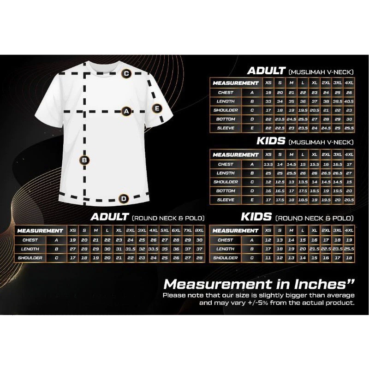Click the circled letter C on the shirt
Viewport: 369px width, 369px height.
pyautogui.click(x=126, y=73)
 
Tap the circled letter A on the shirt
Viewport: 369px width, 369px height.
pyautogui.click(x=126, y=111)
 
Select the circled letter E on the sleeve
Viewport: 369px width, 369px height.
pyautogui.click(x=157, y=108)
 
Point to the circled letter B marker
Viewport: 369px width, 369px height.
pyautogui.click(x=84, y=160)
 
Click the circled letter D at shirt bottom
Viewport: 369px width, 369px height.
pyautogui.click(x=124, y=199)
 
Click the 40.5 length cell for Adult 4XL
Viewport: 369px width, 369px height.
pyautogui.click(x=349, y=101)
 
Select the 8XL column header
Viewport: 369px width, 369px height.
pyautogui.click(x=199, y=230)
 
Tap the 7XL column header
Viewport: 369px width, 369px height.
pyautogui.click(x=188, y=230)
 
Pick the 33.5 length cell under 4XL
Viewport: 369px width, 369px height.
pyautogui.click(x=153, y=249)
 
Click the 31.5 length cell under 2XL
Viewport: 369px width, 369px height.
pyautogui.click(x=130, y=249)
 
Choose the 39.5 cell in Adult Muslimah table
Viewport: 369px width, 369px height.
pyautogui.click(x=338, y=101)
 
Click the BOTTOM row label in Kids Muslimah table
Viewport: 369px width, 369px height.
pyautogui.click(x=226, y=191)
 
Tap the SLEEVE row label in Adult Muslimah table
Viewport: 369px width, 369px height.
pyautogui.click(x=226, y=128)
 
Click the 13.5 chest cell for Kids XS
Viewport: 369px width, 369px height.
pyautogui.click(x=268, y=164)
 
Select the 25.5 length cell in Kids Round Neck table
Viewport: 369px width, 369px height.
pyautogui.click(x=349, y=249)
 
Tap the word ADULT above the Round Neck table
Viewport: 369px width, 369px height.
pyautogui.click(x=110, y=217)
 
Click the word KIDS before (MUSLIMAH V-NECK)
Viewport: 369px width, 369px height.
pyautogui.click(x=271, y=141)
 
